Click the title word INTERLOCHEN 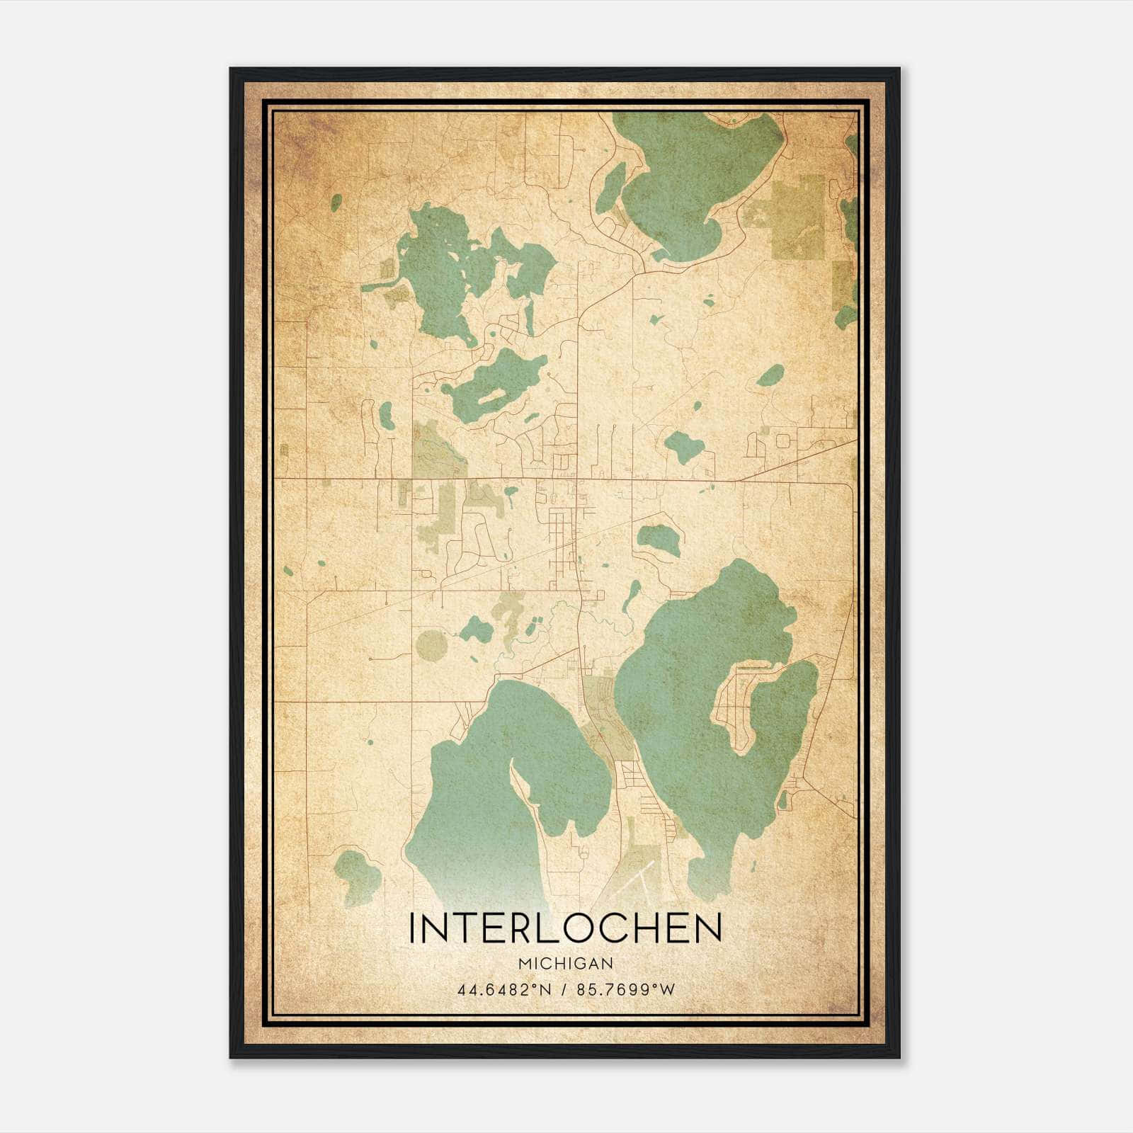coord(565,928)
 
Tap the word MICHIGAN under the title coord(565,964)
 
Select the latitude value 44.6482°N coord(504,990)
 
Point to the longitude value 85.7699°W coord(623,990)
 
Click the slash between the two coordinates coord(564,990)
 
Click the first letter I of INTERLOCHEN coord(413,928)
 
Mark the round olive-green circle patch coord(431,645)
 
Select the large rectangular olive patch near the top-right coord(798,216)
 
